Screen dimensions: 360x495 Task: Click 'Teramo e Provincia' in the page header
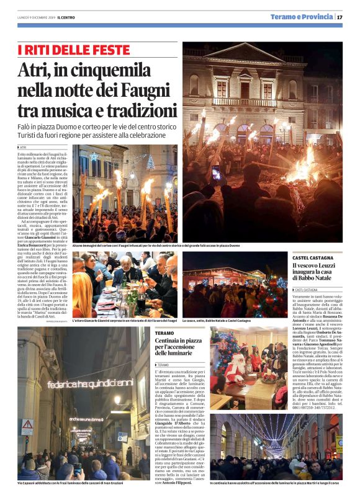pyautogui.click(x=302, y=17)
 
